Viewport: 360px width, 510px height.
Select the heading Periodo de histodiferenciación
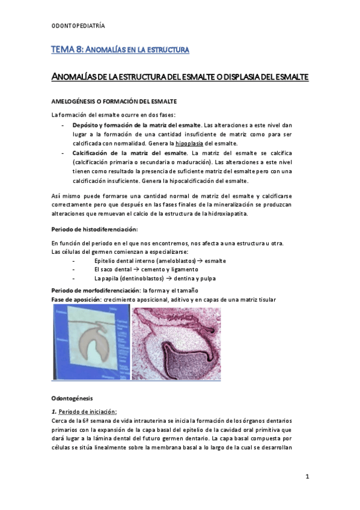(x=95, y=230)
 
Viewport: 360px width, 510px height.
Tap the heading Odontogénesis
(x=72, y=398)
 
